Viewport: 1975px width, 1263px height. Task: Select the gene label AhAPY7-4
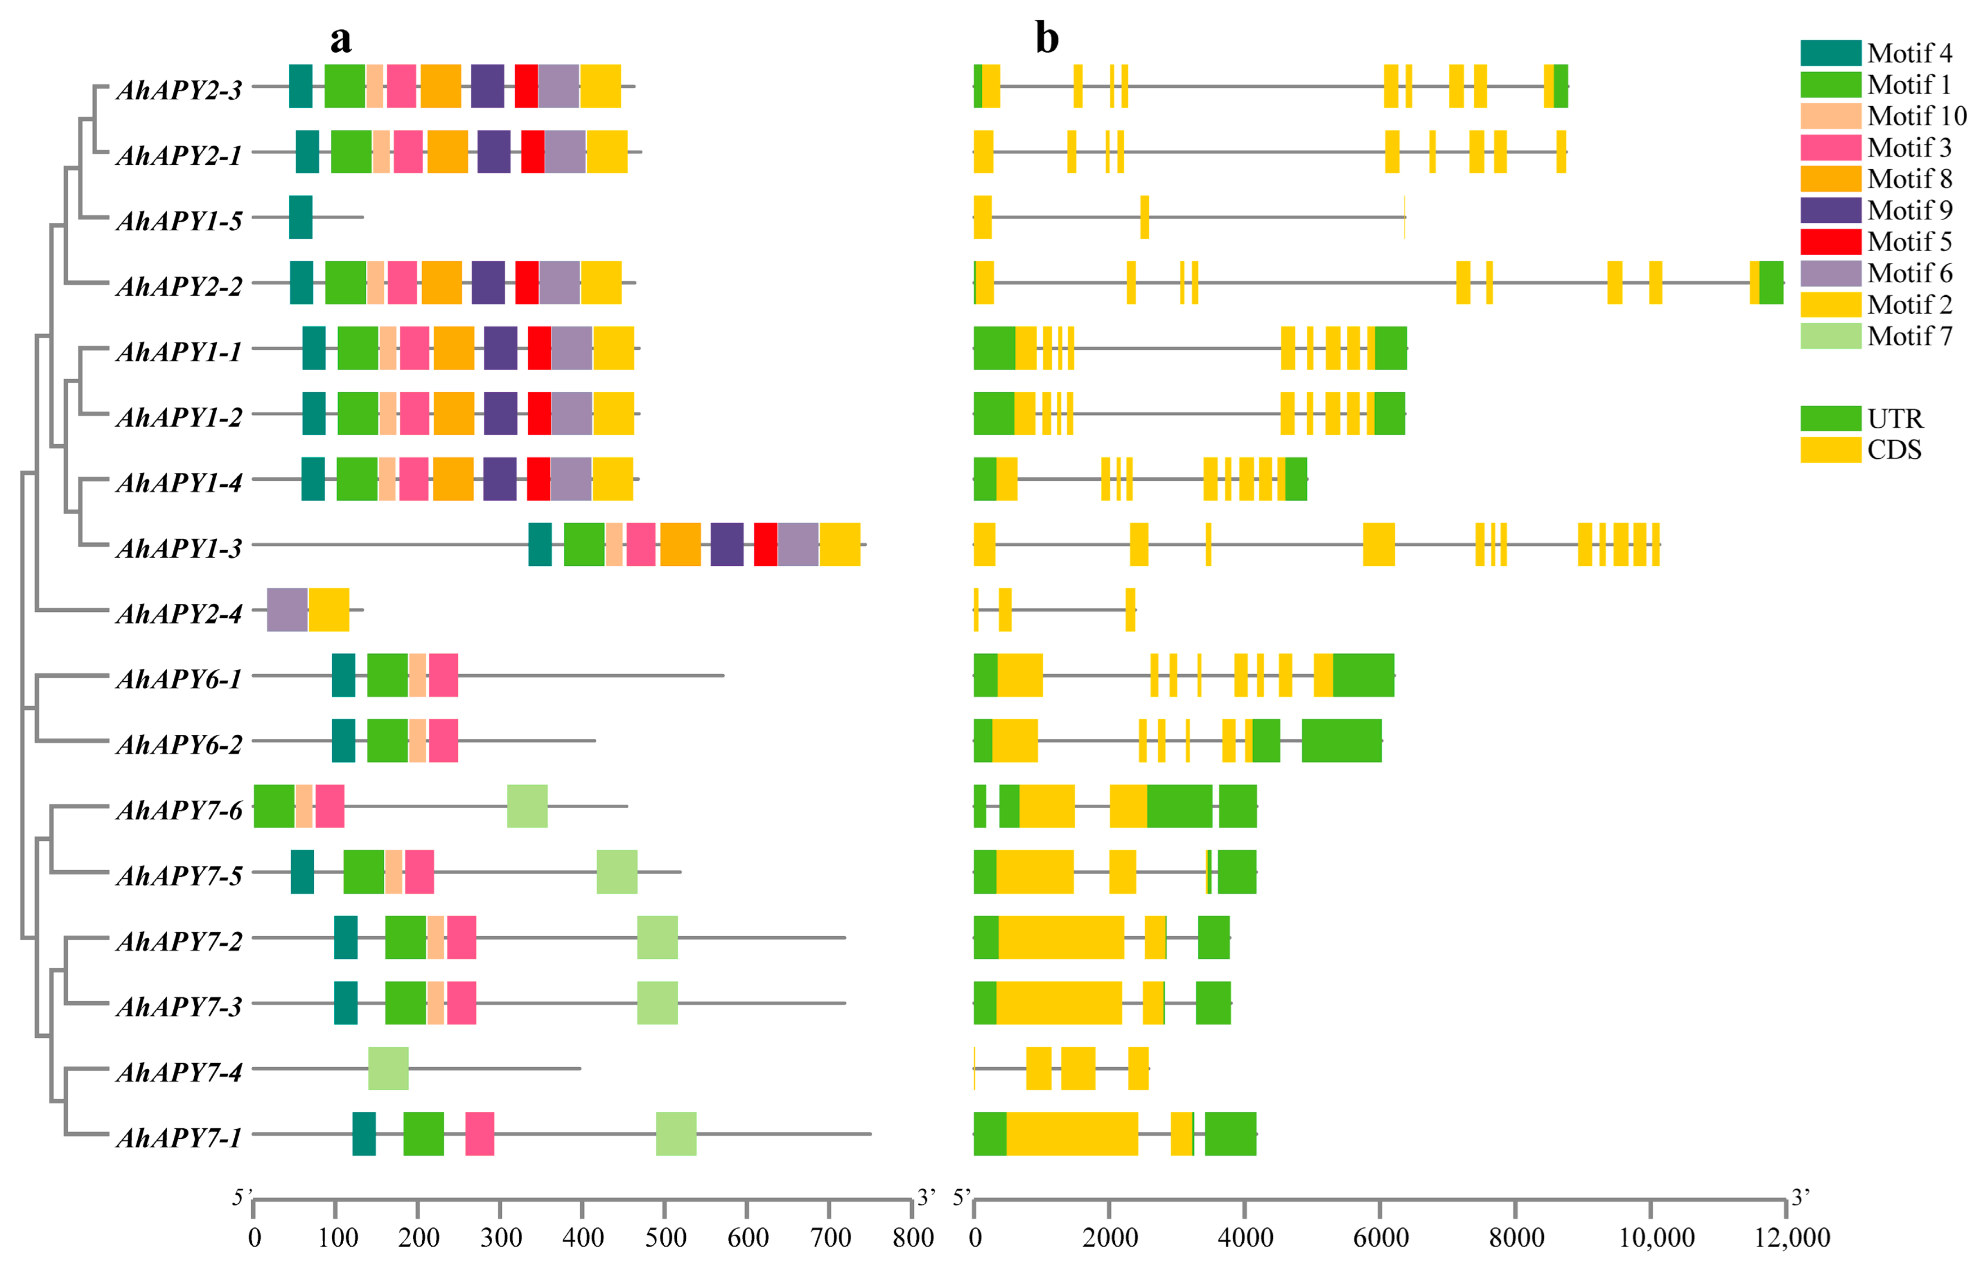point(179,1072)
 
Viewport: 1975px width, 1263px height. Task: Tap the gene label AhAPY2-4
point(179,613)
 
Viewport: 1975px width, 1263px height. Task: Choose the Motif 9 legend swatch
point(1831,211)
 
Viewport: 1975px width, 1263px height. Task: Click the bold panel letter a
point(340,38)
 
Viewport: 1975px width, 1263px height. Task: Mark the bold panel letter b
point(1046,38)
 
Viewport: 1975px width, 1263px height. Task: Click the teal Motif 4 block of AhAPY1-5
point(300,217)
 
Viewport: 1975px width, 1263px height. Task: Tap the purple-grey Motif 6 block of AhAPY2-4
point(287,610)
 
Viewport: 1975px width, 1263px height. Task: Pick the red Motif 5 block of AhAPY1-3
point(765,545)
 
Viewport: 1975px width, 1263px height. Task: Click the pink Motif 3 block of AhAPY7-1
point(480,1134)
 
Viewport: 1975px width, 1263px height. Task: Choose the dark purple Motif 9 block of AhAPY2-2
point(488,283)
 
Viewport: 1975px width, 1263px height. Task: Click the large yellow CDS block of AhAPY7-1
point(1072,1134)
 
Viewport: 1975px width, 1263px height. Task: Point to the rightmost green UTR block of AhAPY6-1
point(1363,676)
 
